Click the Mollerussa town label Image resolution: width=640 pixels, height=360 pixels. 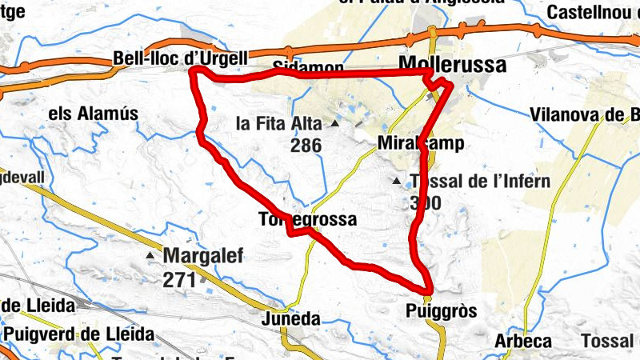[452, 65]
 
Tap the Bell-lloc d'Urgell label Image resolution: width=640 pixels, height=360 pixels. [181, 59]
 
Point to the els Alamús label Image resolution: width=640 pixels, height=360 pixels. [94, 114]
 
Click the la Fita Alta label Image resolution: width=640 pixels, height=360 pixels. [278, 124]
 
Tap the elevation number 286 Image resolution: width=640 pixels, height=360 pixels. [306, 146]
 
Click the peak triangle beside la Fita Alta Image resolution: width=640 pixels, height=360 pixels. [335, 124]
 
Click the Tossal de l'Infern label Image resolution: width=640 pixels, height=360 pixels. [479, 181]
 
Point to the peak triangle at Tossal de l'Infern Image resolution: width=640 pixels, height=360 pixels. [396, 182]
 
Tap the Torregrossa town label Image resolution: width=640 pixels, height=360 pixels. [307, 218]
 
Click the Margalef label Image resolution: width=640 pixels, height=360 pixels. [202, 257]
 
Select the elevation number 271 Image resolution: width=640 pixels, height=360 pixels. [181, 280]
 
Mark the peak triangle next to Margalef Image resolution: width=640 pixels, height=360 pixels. [150, 256]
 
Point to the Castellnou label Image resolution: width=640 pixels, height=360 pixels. [593, 13]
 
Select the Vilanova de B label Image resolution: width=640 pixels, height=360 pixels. [585, 114]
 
